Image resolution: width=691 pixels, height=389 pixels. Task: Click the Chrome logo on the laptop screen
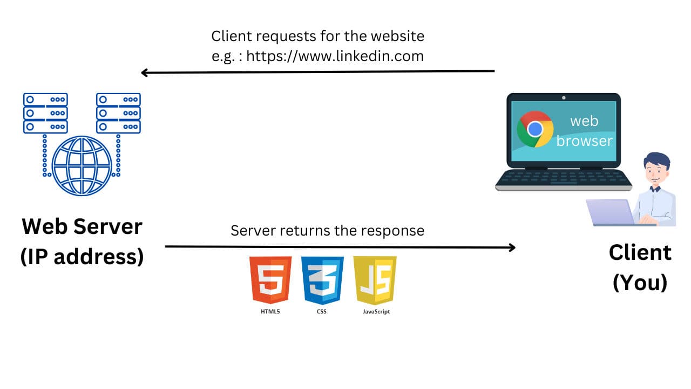coord(535,129)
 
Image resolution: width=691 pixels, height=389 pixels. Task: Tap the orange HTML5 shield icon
coord(270,279)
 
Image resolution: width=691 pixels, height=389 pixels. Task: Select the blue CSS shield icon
coord(322,279)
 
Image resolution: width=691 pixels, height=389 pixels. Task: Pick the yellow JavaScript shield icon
coord(375,279)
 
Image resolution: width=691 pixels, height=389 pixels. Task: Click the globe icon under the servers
coord(82,165)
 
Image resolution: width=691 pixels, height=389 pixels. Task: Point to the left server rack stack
coord(45,113)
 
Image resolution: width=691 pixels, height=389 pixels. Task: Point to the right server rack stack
coord(118,113)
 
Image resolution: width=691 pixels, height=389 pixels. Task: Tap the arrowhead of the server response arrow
coord(511,247)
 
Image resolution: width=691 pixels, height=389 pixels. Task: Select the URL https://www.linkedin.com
coord(335,56)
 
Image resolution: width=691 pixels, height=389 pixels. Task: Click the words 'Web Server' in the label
coord(82,226)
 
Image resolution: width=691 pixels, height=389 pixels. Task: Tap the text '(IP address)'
coord(82,257)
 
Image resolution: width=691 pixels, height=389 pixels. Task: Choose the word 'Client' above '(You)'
coord(640,252)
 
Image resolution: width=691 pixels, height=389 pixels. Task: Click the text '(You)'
coord(640,282)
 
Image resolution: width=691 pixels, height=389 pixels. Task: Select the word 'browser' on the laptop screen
coord(585,141)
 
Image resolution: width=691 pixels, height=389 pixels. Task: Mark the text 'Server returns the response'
coord(327,231)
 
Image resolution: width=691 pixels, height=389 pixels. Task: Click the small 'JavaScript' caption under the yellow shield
coord(376,312)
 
